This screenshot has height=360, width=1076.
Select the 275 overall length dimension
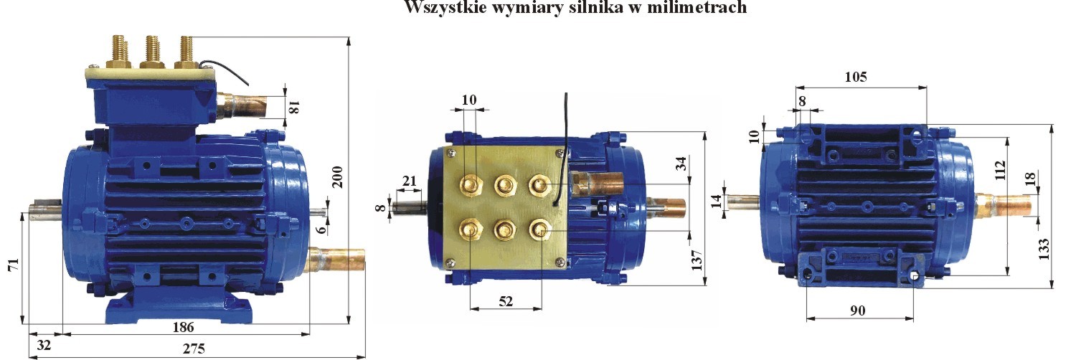pos(193,349)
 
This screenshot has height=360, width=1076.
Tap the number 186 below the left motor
pos(184,327)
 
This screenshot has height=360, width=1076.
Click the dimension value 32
pos(44,345)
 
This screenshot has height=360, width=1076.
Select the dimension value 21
pos(410,181)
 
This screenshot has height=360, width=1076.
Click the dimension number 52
pos(506,302)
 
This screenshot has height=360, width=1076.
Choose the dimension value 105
pos(856,77)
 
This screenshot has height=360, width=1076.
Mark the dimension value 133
pos(1044,248)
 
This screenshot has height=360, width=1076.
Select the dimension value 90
pos(858,311)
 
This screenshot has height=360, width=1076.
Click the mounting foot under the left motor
pos(179,308)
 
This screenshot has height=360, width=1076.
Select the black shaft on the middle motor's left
pos(411,208)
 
